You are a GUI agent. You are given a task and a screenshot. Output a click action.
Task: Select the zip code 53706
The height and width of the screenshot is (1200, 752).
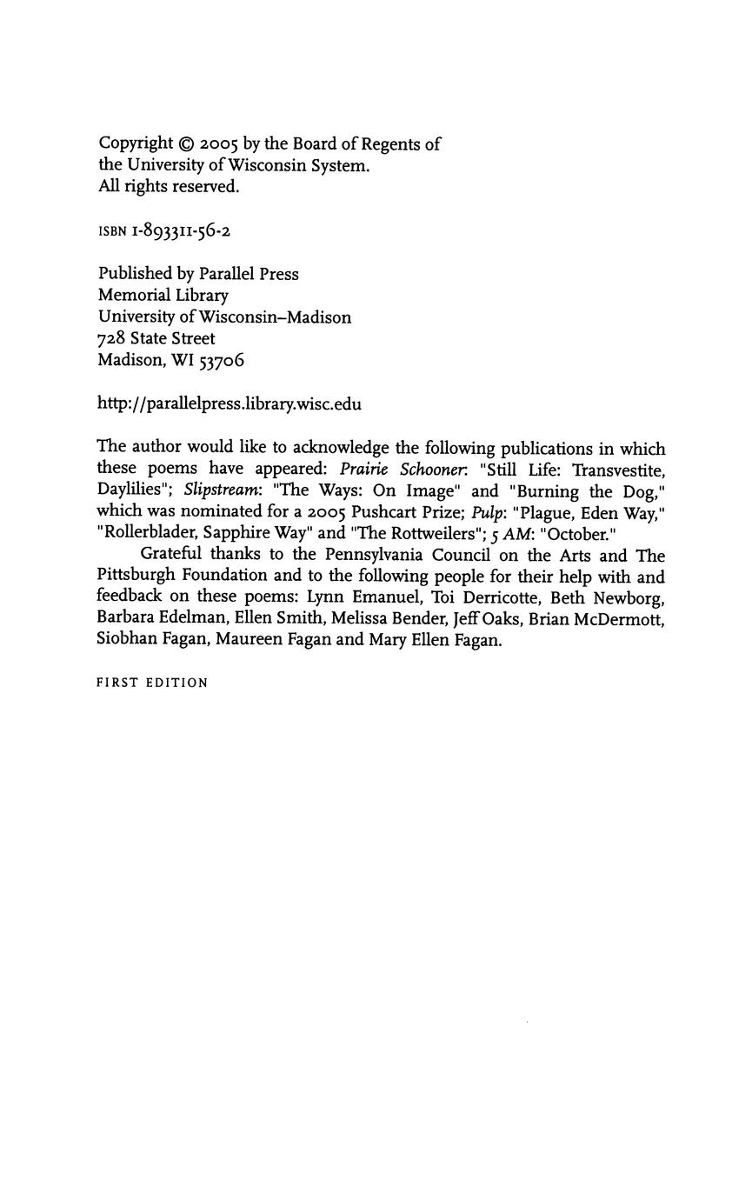(x=222, y=361)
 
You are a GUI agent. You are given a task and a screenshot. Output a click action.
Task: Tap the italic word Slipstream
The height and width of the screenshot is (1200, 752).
(x=222, y=491)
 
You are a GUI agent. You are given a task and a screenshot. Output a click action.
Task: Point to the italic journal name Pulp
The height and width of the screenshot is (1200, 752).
(x=488, y=513)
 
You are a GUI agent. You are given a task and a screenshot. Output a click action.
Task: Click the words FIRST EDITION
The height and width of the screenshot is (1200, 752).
(x=152, y=683)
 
